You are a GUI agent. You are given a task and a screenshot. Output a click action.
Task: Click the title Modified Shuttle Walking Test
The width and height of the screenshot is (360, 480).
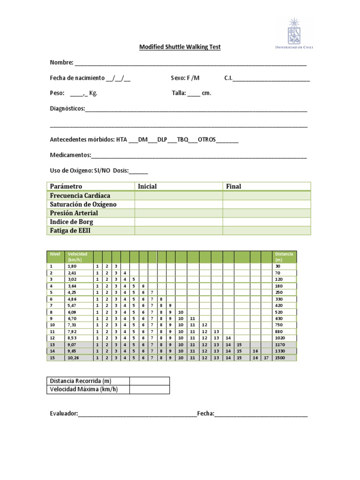180,47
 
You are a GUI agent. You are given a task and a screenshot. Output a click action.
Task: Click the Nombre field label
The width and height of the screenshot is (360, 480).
61,62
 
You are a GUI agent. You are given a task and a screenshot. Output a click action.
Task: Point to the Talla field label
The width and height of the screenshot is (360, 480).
179,93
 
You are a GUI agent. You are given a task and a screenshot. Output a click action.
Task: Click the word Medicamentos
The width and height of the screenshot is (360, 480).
70,155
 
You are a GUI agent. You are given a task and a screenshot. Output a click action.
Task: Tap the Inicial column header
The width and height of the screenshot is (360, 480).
147,186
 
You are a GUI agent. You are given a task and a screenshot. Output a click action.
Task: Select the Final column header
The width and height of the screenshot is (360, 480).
233,186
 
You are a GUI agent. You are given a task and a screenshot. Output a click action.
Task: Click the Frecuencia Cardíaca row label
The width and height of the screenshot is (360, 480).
80,195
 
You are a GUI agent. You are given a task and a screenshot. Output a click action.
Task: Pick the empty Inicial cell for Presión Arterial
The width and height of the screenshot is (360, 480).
179,213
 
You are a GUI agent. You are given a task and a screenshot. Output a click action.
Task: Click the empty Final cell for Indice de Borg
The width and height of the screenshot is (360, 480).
266,222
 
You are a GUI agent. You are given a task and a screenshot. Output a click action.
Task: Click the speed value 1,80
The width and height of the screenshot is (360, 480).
72,266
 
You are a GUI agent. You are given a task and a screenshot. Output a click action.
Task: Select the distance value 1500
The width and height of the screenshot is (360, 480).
280,358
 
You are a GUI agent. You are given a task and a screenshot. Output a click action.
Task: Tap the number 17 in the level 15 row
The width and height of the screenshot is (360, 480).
266,358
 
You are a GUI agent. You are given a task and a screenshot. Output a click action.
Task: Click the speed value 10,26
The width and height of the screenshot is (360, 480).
73,358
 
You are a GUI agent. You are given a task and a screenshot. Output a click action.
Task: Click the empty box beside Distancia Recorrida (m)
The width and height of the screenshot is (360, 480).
150,381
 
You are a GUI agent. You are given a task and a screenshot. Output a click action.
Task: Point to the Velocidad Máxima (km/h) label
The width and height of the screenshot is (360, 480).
83,390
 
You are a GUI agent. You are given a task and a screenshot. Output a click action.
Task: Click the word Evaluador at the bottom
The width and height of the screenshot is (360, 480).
64,413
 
